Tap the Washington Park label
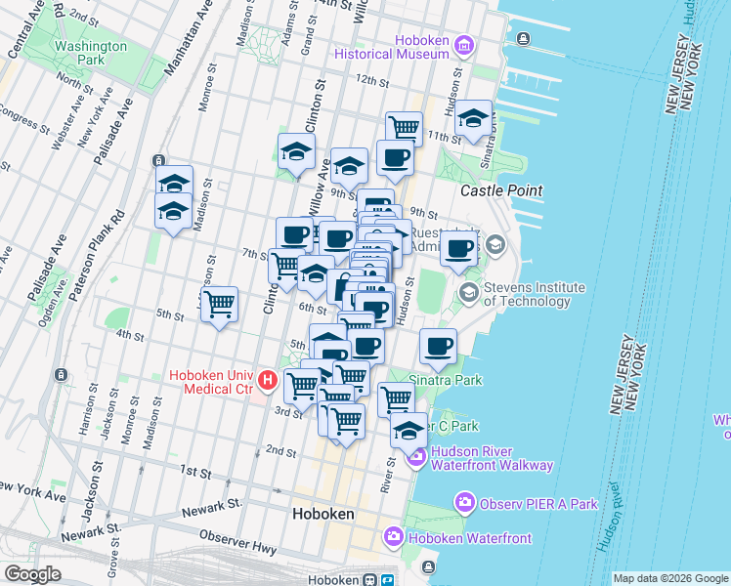coord(91,53)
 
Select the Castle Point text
coord(500,190)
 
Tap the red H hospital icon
coord(267,380)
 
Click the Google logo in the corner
coord(32,574)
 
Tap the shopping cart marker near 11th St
coord(403,127)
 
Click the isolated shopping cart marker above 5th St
coord(219,303)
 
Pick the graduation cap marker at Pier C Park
coord(408,429)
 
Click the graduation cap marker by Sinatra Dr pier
coord(473,118)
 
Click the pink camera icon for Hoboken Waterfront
coord(393,536)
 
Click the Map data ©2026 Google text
coord(669,578)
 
